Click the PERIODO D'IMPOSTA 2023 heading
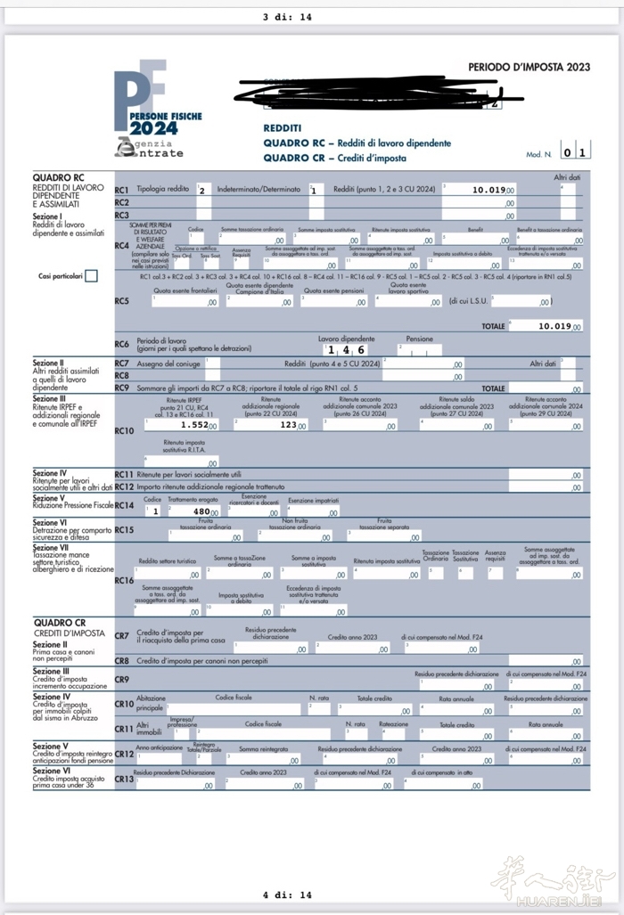pos(529,67)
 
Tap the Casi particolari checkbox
pos(91,276)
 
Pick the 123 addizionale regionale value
pos(287,426)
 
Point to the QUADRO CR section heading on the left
pos(59,622)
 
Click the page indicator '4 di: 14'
pos(288,894)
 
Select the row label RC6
pos(123,344)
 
